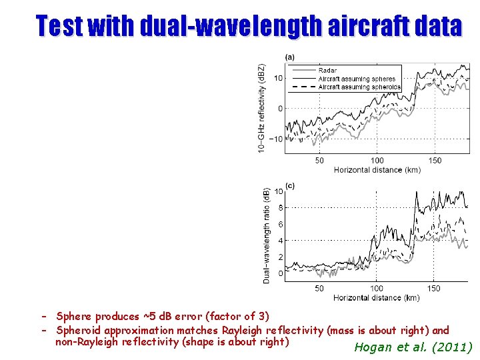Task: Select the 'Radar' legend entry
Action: [x=327, y=71]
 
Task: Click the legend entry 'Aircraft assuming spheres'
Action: [x=357, y=79]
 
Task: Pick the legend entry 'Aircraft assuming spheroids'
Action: [x=359, y=87]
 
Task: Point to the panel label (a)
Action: [x=289, y=57]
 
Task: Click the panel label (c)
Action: [x=289, y=186]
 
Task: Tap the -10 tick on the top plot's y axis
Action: [x=275, y=139]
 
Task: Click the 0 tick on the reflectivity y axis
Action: [x=280, y=109]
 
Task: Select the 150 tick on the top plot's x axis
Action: [x=435, y=161]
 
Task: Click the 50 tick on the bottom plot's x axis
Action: [x=319, y=289]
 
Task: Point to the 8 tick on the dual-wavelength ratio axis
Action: [x=281, y=208]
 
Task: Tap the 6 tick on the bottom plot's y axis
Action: [x=281, y=225]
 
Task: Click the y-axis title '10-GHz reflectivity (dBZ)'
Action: [x=262, y=109]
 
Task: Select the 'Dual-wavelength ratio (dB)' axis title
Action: [x=266, y=235]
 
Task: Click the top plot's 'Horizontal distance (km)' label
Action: [x=377, y=170]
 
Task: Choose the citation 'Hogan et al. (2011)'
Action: [x=413, y=347]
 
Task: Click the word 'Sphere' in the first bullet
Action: [x=74, y=317]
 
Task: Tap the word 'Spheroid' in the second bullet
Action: [x=79, y=331]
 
